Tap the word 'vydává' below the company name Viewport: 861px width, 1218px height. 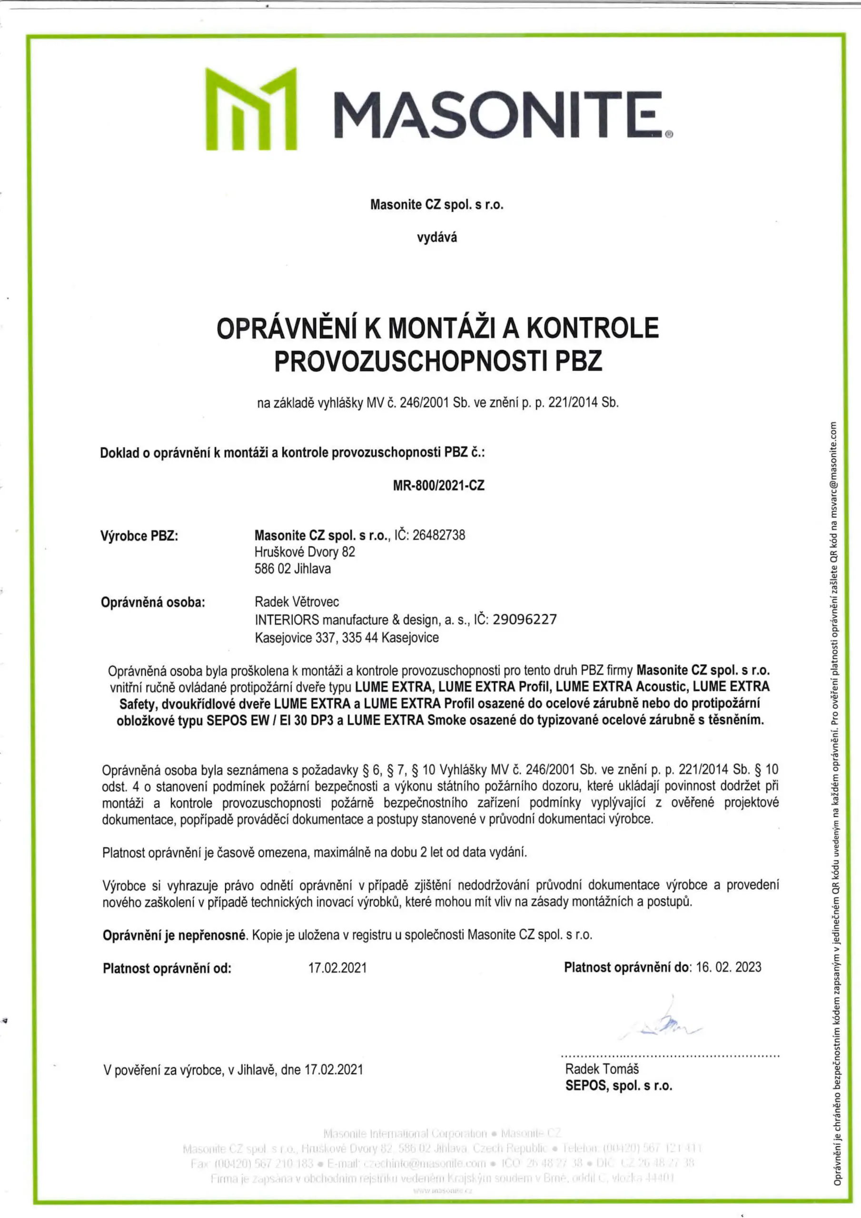pos(436,238)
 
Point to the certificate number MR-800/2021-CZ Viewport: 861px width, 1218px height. pos(438,485)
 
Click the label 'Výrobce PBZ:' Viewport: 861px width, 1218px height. pos(139,536)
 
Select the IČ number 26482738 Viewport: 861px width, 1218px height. pos(438,535)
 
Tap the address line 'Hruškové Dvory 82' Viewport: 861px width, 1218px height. pos(305,552)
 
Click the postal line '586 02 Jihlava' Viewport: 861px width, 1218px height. pos(293,569)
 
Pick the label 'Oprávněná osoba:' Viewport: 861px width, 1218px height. pos(153,603)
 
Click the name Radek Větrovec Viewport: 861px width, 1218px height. pos(297,602)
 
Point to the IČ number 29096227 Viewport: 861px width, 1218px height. pos(525,619)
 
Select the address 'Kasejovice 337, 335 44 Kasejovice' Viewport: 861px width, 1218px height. pos(346,637)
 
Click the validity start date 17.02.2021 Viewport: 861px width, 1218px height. pos(337,968)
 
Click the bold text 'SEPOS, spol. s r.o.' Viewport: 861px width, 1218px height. pos(618,1085)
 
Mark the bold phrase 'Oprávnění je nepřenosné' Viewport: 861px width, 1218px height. pos(175,935)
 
